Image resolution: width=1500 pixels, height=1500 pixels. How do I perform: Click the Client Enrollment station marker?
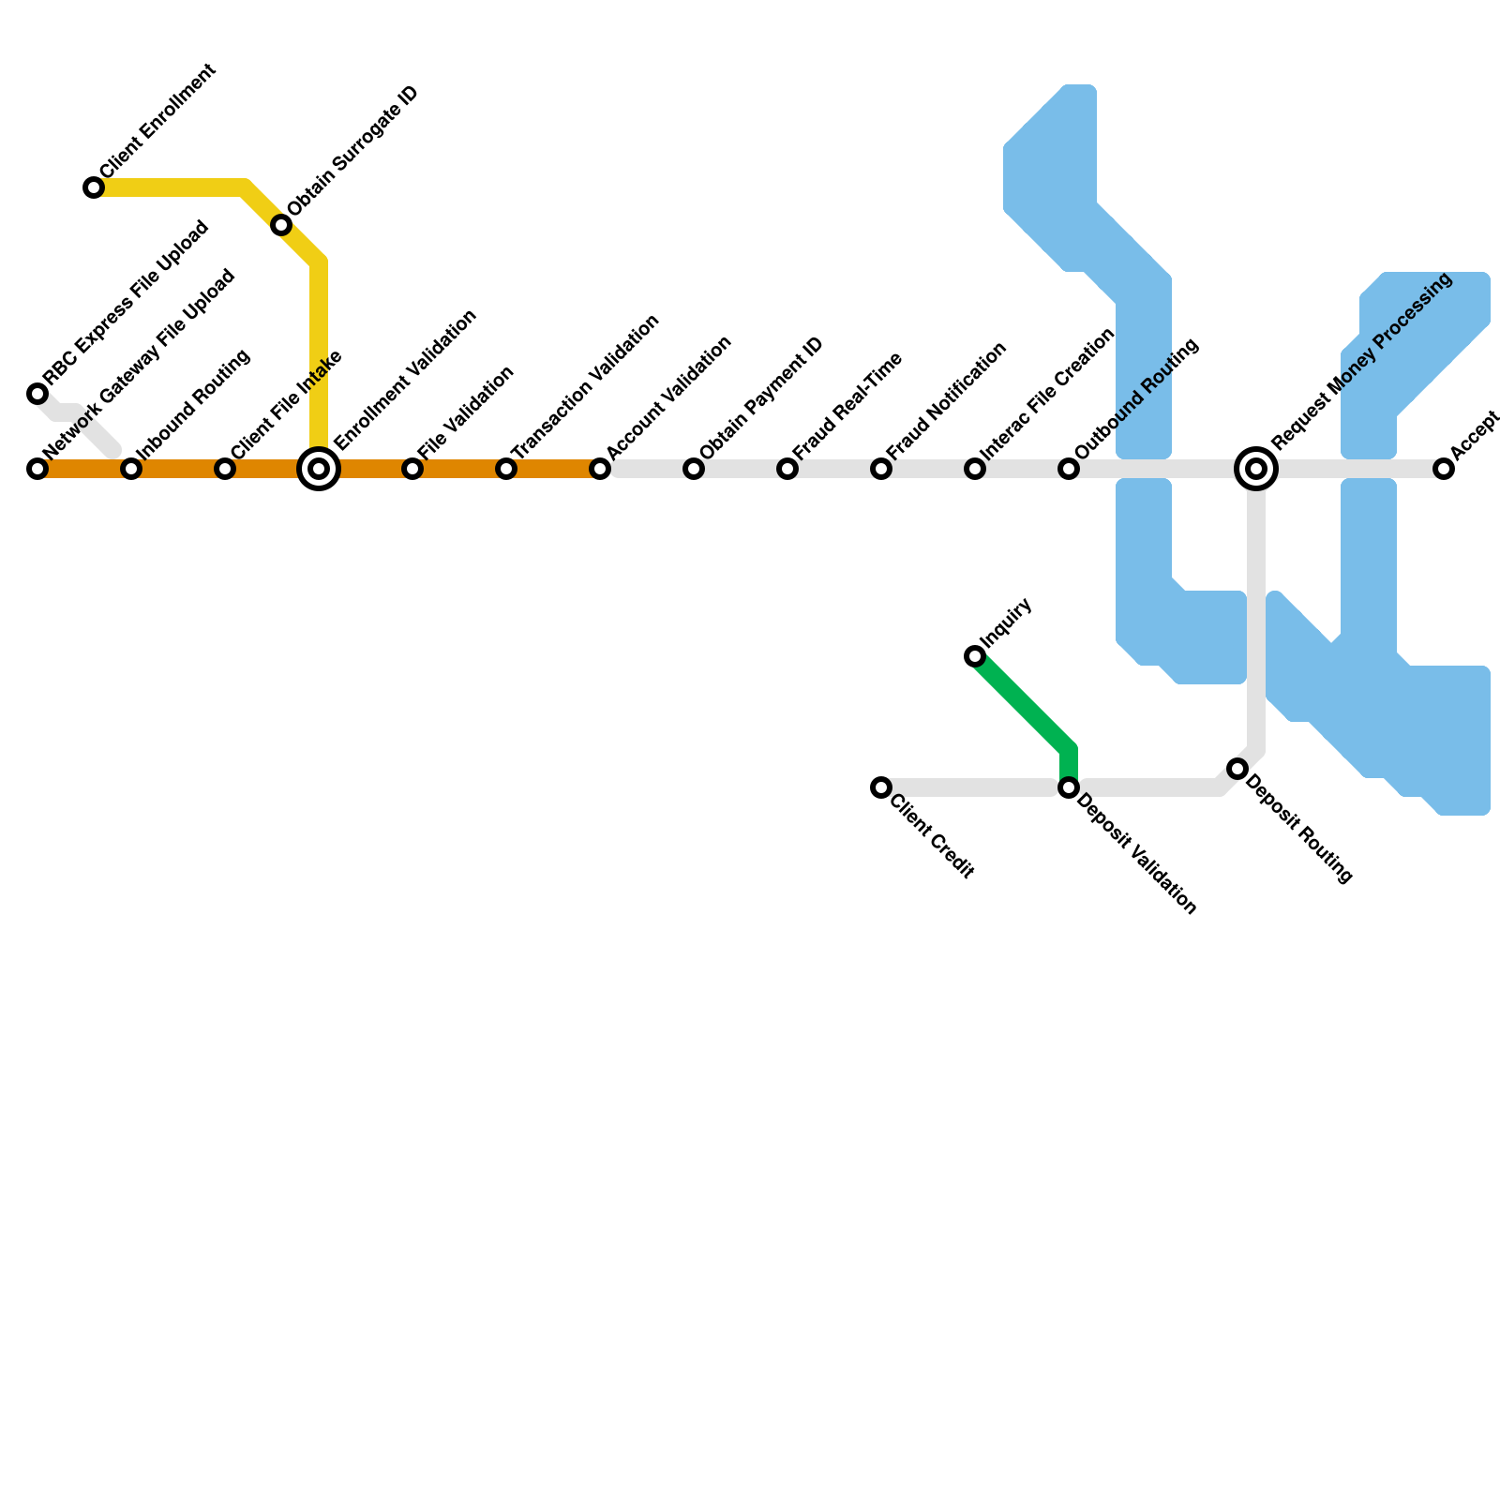click(x=94, y=187)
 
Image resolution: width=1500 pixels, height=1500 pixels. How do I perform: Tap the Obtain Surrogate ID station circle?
click(x=281, y=225)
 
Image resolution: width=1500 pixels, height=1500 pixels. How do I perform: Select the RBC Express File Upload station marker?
click(x=37, y=394)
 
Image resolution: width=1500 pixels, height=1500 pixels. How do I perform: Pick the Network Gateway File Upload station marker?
click(x=37, y=469)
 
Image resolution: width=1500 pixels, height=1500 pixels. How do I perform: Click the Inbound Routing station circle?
click(x=131, y=469)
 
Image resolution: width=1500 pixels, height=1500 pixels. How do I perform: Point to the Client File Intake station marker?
click(x=225, y=469)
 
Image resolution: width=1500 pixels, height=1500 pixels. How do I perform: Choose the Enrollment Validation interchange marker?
click(x=319, y=469)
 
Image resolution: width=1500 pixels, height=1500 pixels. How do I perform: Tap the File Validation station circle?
click(x=412, y=469)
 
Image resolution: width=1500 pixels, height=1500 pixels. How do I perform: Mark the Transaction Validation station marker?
click(x=506, y=469)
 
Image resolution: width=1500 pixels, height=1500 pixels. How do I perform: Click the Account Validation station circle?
click(x=600, y=469)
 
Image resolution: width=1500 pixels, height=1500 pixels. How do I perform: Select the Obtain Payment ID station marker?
click(x=694, y=469)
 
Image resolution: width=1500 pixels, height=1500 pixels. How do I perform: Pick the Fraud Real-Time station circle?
click(x=787, y=469)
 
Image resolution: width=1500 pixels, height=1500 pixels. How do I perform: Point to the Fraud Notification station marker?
click(x=881, y=469)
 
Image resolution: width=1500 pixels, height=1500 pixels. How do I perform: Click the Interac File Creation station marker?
click(x=975, y=469)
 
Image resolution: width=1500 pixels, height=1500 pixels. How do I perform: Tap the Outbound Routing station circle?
click(x=1069, y=469)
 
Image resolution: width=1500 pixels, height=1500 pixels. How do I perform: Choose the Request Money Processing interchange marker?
click(x=1256, y=469)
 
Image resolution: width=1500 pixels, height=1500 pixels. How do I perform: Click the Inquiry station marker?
click(x=975, y=656)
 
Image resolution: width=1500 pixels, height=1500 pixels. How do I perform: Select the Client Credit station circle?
click(x=881, y=787)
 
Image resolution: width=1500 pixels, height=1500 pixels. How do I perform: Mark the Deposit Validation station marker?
click(x=1069, y=787)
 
